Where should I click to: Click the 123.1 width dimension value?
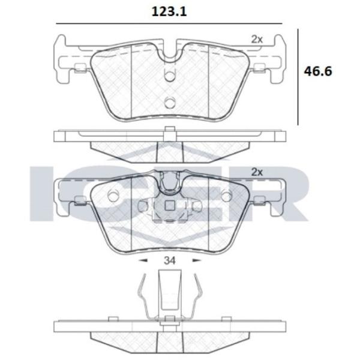(169, 12)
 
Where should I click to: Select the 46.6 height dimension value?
(318, 71)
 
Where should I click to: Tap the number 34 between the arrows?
(170, 260)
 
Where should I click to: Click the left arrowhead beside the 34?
(143, 260)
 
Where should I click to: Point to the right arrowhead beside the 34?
(197, 260)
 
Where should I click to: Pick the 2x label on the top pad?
(257, 40)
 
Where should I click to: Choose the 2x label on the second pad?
(257, 172)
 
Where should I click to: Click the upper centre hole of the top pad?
(170, 76)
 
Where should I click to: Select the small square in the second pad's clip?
(170, 206)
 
